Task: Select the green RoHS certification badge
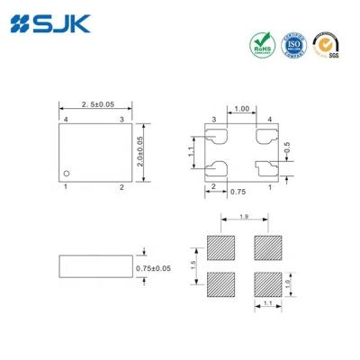261,44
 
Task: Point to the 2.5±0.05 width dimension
96,106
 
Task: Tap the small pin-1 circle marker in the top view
67,171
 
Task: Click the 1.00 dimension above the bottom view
242,110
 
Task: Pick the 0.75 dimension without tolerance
238,191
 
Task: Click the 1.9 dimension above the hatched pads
244,217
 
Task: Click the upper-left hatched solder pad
220,246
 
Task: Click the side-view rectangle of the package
94,267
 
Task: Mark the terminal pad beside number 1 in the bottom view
265,167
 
